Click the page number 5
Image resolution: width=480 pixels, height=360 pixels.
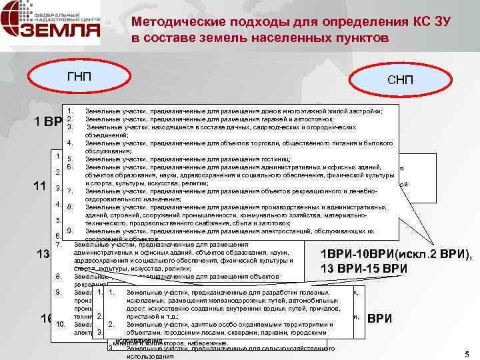[x=465, y=353]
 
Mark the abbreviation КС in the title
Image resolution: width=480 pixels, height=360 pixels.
[x=392, y=21]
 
